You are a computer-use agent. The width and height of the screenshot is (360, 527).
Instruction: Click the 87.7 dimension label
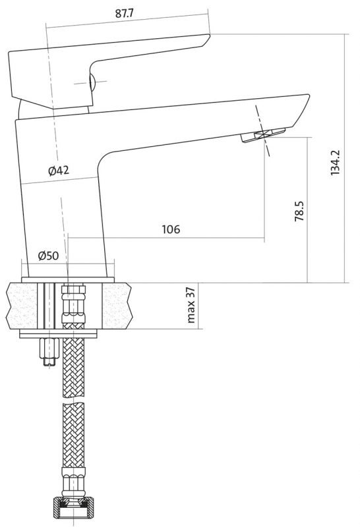124,13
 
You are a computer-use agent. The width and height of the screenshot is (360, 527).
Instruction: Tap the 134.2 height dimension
336,162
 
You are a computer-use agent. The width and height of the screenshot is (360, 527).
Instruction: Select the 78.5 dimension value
299,211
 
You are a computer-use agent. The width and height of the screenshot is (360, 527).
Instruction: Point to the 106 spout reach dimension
171,229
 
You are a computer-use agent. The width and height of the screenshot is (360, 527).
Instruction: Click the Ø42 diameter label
59,171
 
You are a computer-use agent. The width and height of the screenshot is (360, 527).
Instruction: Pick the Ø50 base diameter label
48,256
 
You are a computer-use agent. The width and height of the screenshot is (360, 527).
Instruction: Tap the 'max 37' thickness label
191,305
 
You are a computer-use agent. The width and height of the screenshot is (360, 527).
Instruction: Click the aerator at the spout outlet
262,136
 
